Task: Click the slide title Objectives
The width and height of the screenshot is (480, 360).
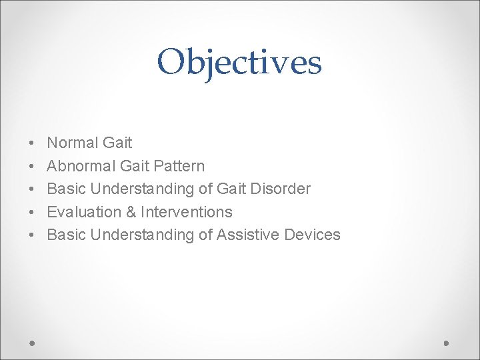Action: point(239,63)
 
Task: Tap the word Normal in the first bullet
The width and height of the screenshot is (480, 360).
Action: point(73,143)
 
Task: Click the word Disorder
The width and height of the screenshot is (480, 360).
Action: point(283,189)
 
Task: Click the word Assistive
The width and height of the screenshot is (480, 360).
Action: point(247,235)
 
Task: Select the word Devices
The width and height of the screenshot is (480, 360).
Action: point(312,235)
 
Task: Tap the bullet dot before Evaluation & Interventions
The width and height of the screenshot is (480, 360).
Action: point(32,213)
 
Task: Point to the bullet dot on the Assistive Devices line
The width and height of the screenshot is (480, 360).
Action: point(32,235)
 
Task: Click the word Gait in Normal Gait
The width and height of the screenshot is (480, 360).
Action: point(118,143)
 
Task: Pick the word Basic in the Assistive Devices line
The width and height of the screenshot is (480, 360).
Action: point(67,235)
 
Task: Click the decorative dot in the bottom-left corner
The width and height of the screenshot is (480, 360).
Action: point(32,343)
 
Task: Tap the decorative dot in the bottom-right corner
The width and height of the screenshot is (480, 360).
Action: point(447,343)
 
